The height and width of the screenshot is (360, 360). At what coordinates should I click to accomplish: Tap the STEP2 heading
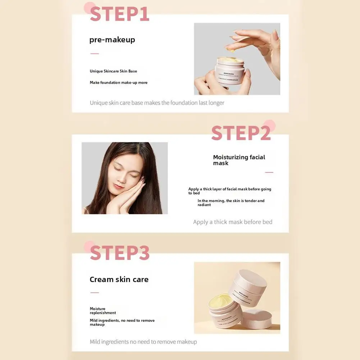point(241,133)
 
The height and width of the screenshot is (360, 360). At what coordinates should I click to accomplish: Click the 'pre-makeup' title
point(112,40)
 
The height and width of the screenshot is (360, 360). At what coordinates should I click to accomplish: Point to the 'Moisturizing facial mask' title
point(239,160)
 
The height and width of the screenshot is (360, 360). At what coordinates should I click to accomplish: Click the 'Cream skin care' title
point(119,279)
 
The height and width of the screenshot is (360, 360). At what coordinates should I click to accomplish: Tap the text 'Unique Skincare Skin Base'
point(113,71)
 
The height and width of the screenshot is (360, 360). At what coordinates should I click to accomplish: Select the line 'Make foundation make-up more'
point(119,83)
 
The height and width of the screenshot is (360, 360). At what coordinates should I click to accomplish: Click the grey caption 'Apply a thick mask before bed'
point(233,222)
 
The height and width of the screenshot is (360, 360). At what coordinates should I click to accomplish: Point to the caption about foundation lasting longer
point(157,103)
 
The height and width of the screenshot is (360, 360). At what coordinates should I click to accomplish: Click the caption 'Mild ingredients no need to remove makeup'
point(143,342)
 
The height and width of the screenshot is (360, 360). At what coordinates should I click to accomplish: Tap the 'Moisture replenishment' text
point(103,311)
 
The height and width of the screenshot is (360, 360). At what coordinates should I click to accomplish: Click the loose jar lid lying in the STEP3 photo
point(256,319)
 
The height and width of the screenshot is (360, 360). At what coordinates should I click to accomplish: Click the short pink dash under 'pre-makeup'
point(95,54)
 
